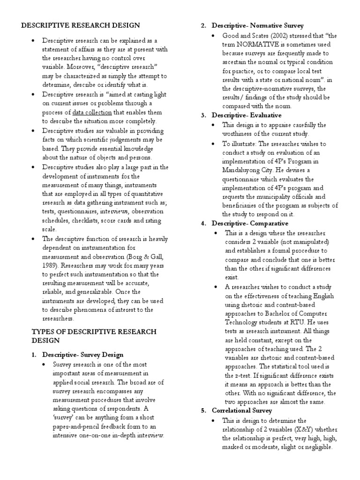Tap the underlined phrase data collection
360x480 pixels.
(x=92, y=112)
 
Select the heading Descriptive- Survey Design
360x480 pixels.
(x=83, y=354)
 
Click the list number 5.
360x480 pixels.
(x=203, y=411)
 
